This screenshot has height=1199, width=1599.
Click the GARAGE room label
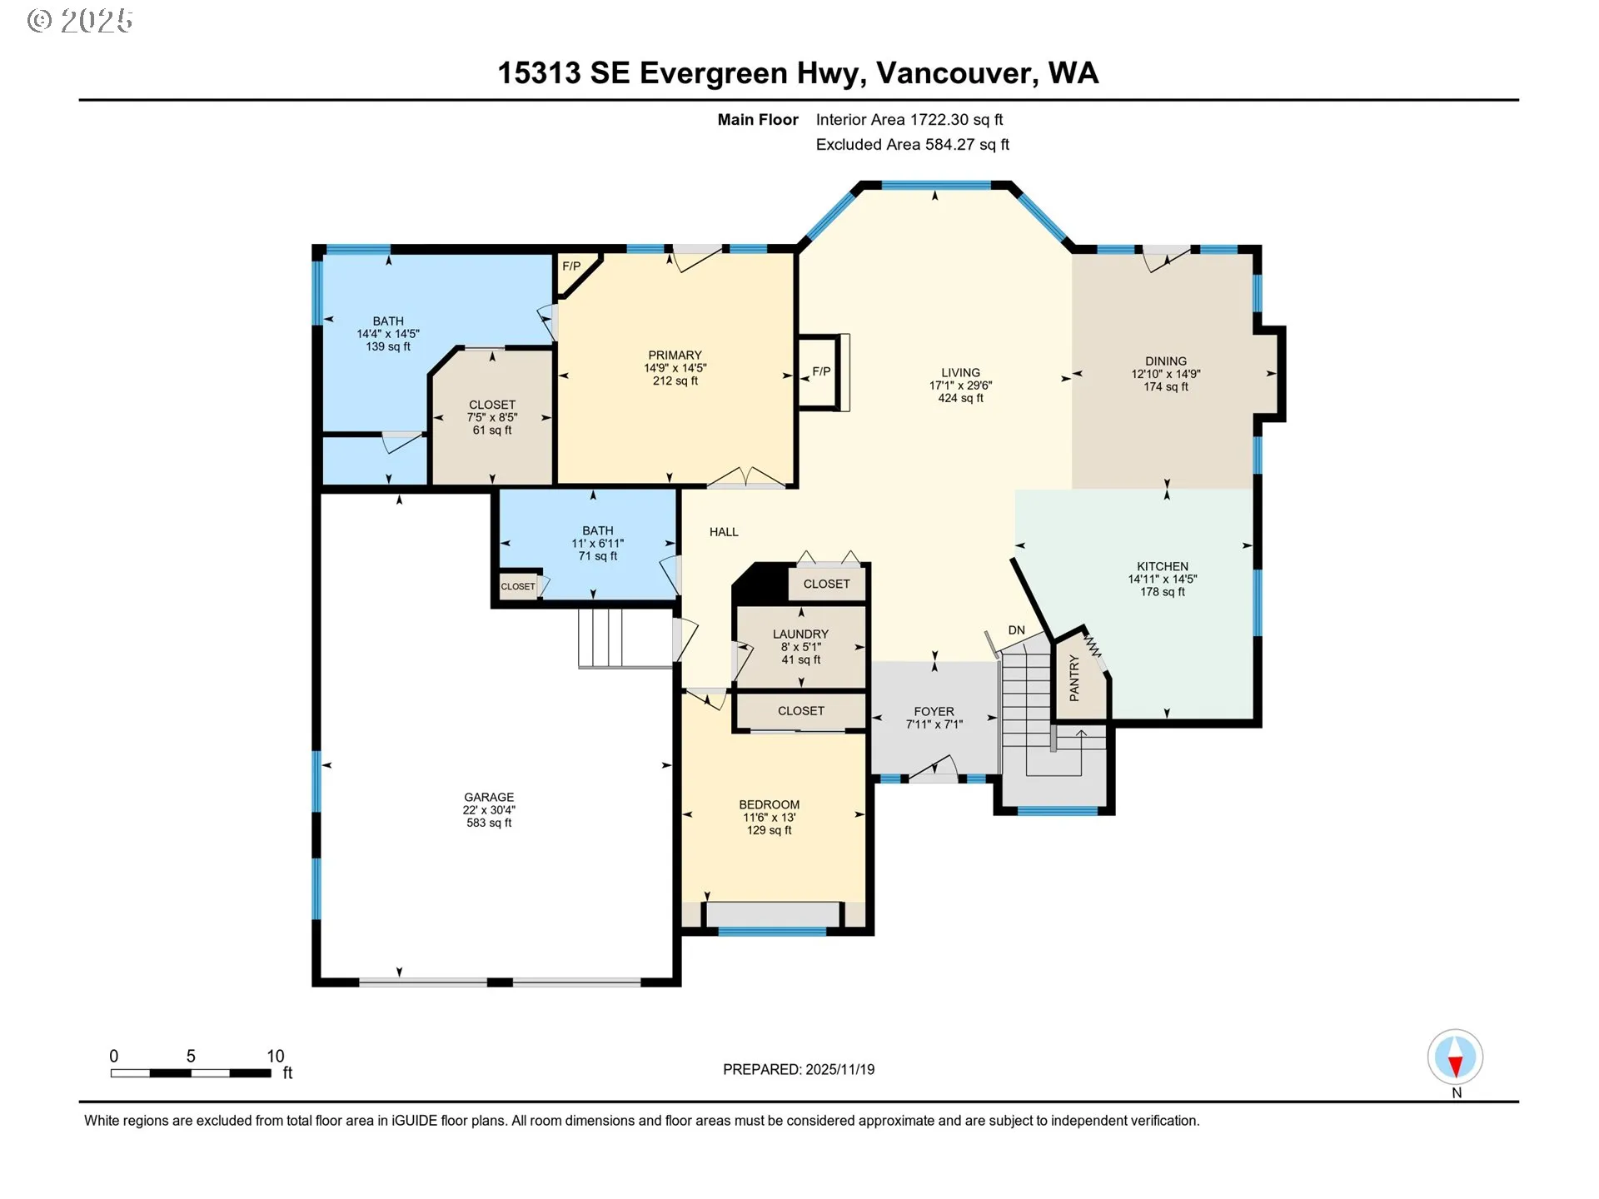pos(489,797)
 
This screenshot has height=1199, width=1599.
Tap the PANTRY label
pos(1074,677)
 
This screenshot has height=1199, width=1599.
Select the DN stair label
pos(1016,630)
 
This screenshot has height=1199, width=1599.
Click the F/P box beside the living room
pos(820,371)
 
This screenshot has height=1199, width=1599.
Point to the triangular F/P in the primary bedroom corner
pos(572,268)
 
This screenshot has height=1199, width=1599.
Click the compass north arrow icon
pos(1455,1057)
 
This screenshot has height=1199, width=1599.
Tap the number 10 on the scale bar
pos(275,1056)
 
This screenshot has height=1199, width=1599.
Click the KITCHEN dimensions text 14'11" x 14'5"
pos(1162,579)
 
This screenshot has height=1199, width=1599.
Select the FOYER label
pos(934,711)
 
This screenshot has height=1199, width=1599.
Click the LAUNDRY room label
pos(800,634)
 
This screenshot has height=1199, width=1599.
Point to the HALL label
pos(724,532)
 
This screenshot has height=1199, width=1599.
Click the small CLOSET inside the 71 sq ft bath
pos(518,586)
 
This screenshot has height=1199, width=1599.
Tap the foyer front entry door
pos(933,769)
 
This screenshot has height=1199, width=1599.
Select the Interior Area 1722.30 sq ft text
pos(909,120)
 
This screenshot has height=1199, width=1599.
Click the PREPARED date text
pos(798,1069)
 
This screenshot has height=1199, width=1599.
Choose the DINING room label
pos(1165,361)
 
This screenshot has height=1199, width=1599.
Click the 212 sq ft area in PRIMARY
pos(675,381)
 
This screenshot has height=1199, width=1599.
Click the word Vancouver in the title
pos(956,73)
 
